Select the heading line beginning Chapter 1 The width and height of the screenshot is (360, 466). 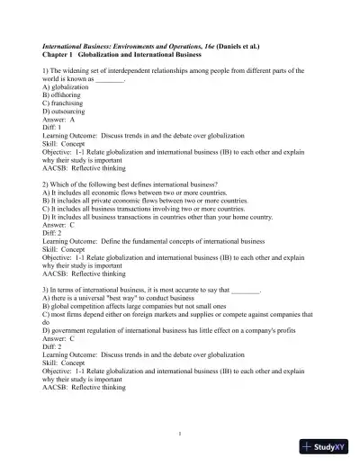point(117,53)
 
